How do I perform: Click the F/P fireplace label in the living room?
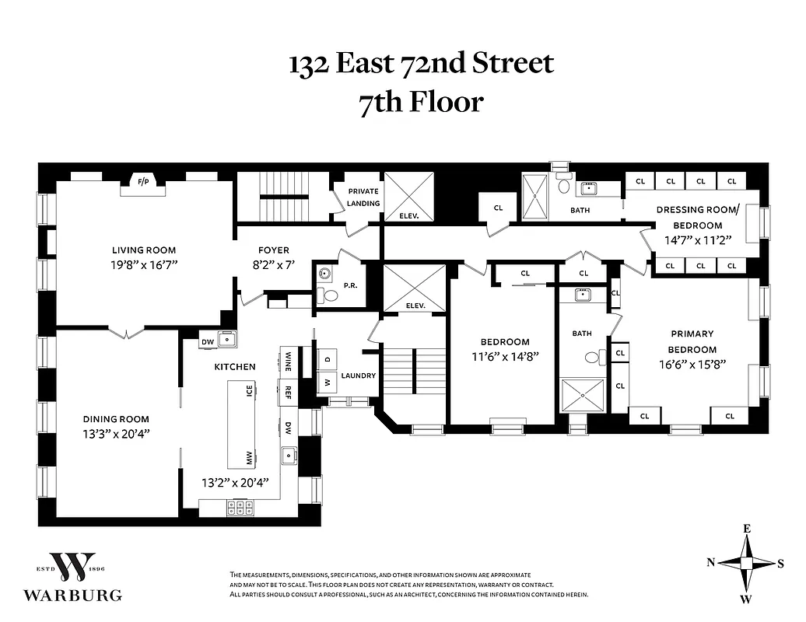coord(143,182)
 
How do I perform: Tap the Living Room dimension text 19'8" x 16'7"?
coord(144,265)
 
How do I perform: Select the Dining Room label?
coord(123,419)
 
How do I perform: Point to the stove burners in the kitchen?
coord(240,507)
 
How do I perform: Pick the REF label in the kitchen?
coord(287,392)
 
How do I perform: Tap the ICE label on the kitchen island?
coord(249,391)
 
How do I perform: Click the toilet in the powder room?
coord(328,295)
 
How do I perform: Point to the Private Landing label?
coord(363,197)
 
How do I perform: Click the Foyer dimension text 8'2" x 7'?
coord(274,265)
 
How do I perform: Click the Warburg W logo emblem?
coord(72,568)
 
